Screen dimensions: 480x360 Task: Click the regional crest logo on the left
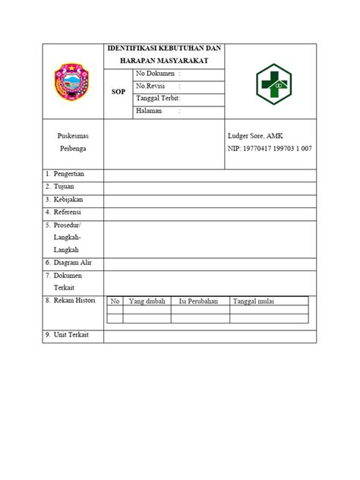click(73, 82)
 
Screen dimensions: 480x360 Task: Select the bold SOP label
click(118, 90)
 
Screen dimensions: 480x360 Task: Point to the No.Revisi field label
click(154, 86)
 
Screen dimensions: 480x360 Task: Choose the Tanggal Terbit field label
click(157, 98)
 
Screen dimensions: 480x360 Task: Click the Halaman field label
click(150, 110)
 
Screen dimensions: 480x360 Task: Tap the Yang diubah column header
click(147, 302)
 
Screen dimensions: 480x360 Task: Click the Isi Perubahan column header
click(198, 302)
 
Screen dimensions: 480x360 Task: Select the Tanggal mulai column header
click(254, 302)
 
